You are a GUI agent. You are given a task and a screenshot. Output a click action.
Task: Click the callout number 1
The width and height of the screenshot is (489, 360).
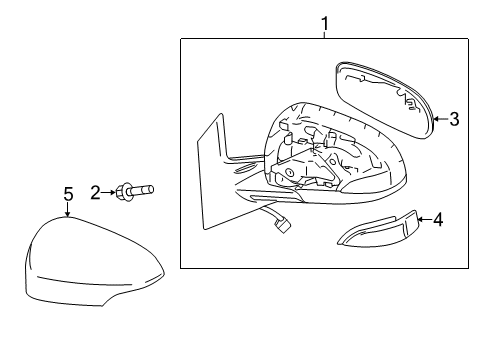324,21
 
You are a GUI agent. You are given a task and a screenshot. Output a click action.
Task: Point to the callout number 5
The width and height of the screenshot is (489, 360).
68,194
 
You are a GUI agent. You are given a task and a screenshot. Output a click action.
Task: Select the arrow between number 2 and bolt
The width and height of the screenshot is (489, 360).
110,192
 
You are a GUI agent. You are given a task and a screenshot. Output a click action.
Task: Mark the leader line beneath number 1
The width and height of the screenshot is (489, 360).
324,33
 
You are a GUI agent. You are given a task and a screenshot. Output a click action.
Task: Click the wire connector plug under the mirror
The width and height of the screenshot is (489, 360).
283,227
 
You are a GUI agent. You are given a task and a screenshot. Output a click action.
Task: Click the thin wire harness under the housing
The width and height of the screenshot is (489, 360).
260,213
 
